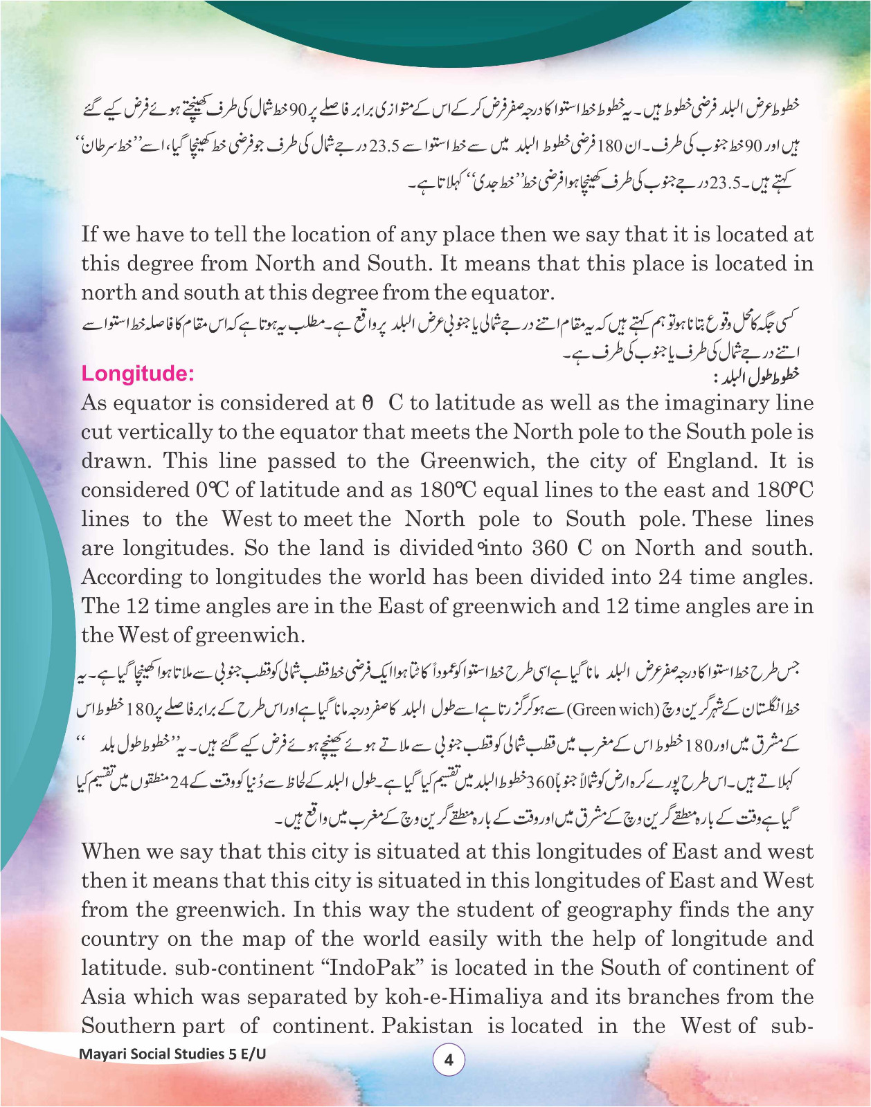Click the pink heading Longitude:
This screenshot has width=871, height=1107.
[x=138, y=374]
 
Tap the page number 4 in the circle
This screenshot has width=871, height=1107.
[x=449, y=1059]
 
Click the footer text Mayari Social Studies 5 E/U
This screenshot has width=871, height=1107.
[x=172, y=1054]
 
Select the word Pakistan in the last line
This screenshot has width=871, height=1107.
[x=427, y=1025]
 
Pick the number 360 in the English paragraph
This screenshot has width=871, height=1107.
[x=550, y=548]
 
